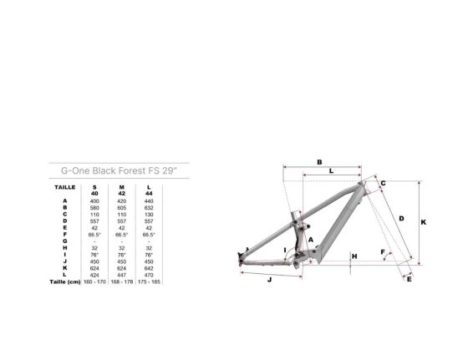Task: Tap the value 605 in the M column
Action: click(x=122, y=207)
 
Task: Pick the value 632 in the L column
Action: click(x=149, y=207)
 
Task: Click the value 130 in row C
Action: click(x=149, y=214)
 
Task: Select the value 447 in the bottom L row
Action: click(x=122, y=274)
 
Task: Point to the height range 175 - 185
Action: click(x=149, y=281)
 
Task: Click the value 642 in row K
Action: click(x=149, y=268)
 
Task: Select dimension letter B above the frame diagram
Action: click(x=320, y=161)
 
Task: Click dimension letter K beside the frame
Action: click(x=424, y=222)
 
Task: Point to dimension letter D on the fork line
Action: click(x=401, y=219)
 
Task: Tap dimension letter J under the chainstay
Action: click(x=269, y=281)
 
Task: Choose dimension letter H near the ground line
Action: click(x=354, y=256)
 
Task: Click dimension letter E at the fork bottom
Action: click(x=409, y=279)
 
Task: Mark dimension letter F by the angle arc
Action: click(x=383, y=251)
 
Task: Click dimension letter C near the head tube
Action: click(x=382, y=183)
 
